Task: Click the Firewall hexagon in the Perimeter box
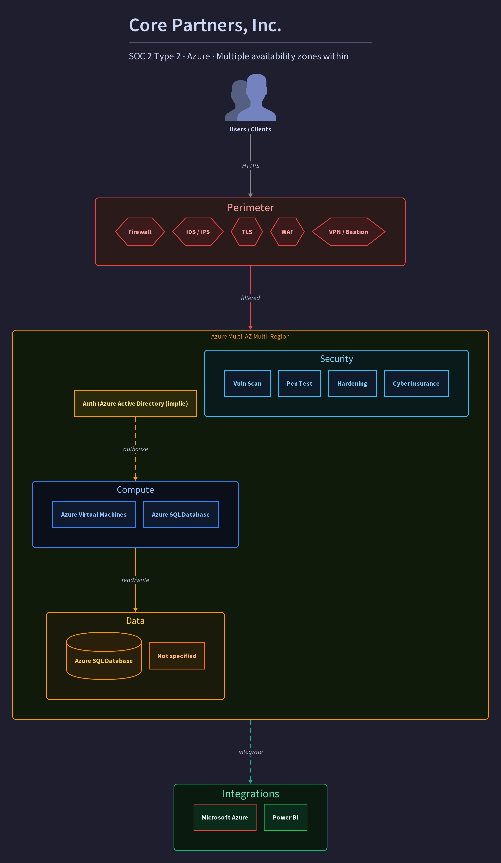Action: click(x=140, y=232)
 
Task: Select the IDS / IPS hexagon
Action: click(x=198, y=232)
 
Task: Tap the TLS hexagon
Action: click(x=247, y=232)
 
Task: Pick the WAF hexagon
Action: click(x=287, y=232)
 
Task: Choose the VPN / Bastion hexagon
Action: click(x=348, y=232)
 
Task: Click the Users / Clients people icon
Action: click(x=250, y=97)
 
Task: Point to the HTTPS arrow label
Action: click(x=250, y=166)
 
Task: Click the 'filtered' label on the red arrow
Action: click(x=250, y=298)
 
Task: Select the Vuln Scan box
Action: click(x=247, y=384)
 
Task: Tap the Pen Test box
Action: click(x=300, y=384)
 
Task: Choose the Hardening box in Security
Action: click(x=352, y=384)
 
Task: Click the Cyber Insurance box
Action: click(x=416, y=384)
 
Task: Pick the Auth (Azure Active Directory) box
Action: click(x=135, y=403)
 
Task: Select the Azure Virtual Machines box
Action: click(x=94, y=514)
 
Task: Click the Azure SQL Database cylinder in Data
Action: click(x=104, y=656)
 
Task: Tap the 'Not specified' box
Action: click(x=177, y=656)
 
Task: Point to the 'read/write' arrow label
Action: click(x=135, y=580)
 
